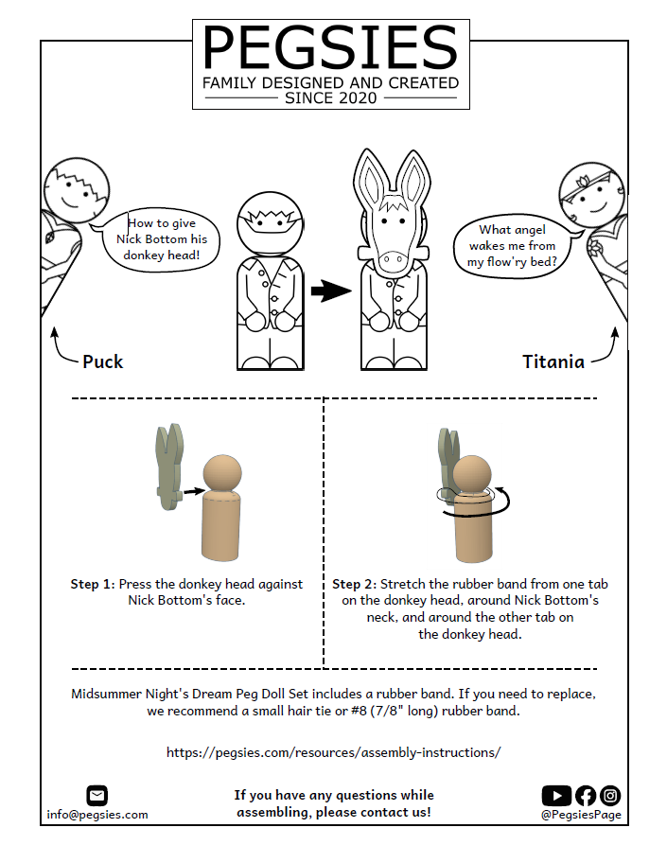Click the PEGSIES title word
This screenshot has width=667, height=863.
(331, 47)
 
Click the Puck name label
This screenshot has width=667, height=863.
(103, 361)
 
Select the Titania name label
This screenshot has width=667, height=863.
(553, 361)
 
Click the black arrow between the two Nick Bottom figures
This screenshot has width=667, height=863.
(331, 291)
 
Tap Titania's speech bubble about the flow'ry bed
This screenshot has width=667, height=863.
(515, 246)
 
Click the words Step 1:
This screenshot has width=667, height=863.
(93, 584)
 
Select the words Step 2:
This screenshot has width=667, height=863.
(355, 584)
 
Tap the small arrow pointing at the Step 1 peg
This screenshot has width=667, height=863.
(194, 490)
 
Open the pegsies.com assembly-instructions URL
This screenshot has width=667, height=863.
(333, 752)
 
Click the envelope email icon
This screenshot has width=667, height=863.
(97, 795)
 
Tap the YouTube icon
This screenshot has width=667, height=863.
(556, 795)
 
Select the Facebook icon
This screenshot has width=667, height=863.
(586, 795)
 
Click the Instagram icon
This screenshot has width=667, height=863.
(610, 795)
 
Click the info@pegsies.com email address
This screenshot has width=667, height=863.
(97, 815)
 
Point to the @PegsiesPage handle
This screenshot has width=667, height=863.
(581, 815)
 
